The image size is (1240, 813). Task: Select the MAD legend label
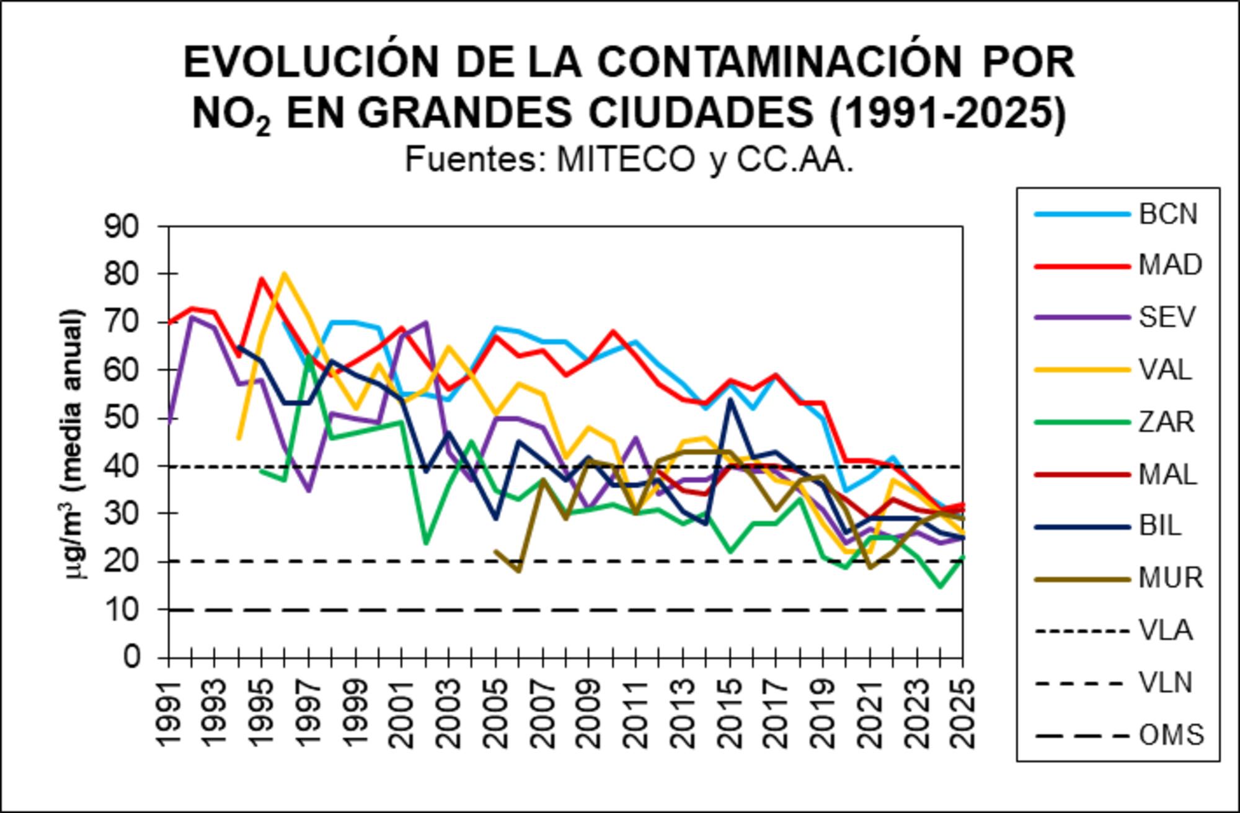pos(1169,265)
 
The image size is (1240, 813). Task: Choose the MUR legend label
pos(1170,578)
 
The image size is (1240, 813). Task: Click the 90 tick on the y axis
pos(122,227)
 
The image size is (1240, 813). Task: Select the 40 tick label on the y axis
pos(122,465)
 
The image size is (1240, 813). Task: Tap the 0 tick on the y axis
pos(131,657)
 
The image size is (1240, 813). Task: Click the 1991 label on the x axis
pos(167,713)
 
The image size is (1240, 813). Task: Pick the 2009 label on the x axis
pos(588,713)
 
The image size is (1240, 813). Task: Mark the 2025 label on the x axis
pos(962,713)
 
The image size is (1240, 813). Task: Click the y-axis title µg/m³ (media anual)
pos(75,444)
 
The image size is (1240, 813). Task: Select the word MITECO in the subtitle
pos(626,160)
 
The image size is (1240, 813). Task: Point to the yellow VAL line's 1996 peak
pos(284,273)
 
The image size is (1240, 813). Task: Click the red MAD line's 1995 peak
pos(262,279)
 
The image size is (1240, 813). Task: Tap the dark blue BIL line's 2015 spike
pos(730,399)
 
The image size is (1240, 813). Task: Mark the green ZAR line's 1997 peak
pos(308,356)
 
